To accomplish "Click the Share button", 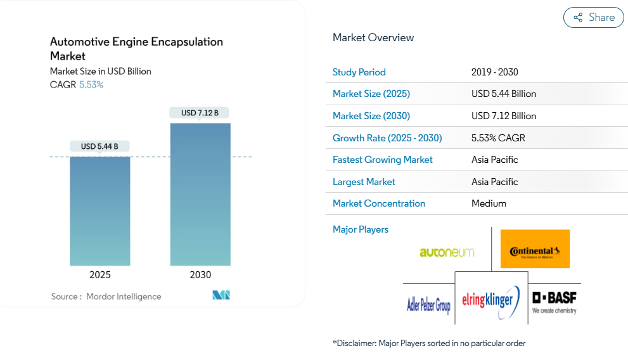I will [x=594, y=18].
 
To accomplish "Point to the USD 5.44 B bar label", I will [x=100, y=146].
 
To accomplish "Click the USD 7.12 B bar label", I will [x=200, y=113].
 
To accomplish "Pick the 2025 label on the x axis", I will [x=100, y=274].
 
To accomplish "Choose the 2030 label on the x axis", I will [x=200, y=274].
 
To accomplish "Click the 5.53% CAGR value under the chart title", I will [x=91, y=84].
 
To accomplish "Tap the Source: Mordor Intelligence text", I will [x=106, y=296].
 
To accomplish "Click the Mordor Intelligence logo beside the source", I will [x=221, y=295].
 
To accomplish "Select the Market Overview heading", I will [x=373, y=37].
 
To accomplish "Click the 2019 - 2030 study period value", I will [x=495, y=72].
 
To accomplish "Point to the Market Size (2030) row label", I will [x=371, y=116].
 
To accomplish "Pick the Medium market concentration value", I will [x=489, y=203].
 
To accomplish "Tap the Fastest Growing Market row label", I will [x=383, y=160].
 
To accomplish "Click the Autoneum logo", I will [x=447, y=252].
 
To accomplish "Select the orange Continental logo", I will [x=535, y=249].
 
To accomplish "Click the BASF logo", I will [x=554, y=302].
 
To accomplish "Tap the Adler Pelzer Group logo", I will [x=428, y=305].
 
